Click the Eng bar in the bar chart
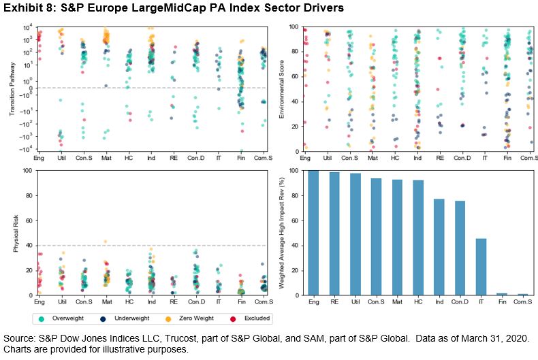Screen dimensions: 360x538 coord(313,233)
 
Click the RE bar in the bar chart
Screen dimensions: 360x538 coord(334,233)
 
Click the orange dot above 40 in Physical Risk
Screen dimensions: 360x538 coord(106,242)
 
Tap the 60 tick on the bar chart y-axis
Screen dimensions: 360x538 coord(294,220)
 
